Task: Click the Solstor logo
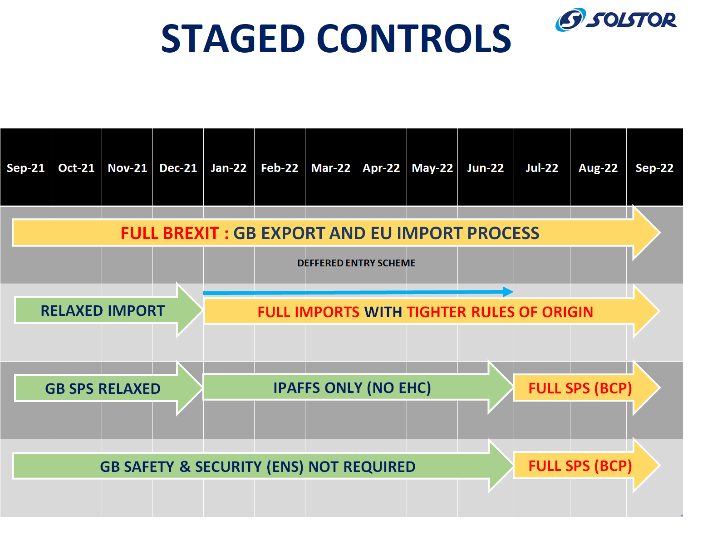coord(615,20)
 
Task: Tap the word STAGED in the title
coord(233,39)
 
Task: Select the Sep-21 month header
coord(25,167)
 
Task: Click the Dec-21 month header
coord(178,167)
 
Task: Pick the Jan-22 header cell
coord(229,167)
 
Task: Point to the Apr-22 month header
coord(381,167)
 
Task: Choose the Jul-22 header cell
coord(542,167)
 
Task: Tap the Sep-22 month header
coord(654,167)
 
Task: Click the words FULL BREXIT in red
coord(170,233)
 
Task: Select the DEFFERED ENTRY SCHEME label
coord(356,263)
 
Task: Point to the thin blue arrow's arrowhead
coord(508,292)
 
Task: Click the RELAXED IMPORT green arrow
coord(108,310)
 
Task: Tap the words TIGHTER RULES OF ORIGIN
coord(500,312)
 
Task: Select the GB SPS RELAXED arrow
coord(108,388)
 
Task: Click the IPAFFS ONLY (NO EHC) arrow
coord(358,388)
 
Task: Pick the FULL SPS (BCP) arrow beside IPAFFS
coord(586,388)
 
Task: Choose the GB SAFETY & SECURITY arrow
coord(263,466)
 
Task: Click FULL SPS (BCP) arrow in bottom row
coord(586,465)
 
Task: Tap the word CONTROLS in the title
coord(414,39)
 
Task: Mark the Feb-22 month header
coord(280,167)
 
